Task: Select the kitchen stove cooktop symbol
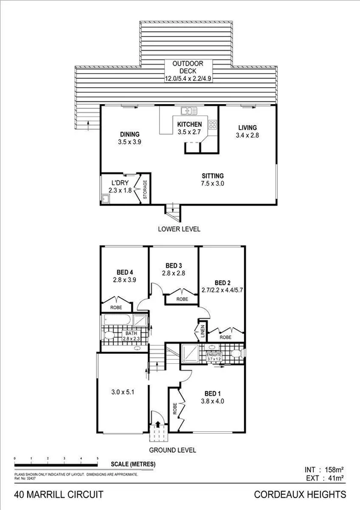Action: pyautogui.click(x=212, y=125)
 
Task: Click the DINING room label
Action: pyautogui.click(x=130, y=134)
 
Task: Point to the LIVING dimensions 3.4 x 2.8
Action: pyautogui.click(x=247, y=136)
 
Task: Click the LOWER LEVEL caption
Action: pyautogui.click(x=179, y=229)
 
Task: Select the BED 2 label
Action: pyautogui.click(x=222, y=283)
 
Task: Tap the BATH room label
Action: pyautogui.click(x=132, y=333)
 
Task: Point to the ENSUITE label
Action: pyautogui.click(x=215, y=355)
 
